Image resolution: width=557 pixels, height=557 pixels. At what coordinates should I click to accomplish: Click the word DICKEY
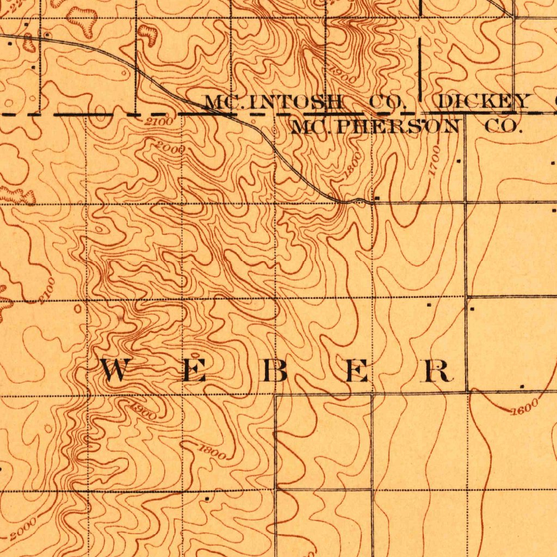[483, 102]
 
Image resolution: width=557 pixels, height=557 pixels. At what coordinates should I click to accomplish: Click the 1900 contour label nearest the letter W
[143, 410]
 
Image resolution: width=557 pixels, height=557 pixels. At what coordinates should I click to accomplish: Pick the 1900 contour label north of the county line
[343, 73]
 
